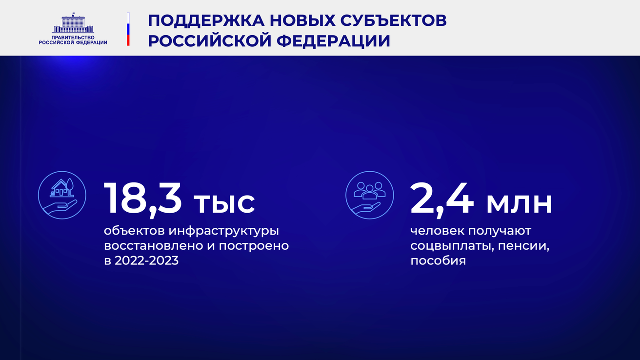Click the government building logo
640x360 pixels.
[x=73, y=22]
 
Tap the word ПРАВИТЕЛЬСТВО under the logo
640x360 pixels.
[x=73, y=37]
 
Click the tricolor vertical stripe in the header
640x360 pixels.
[x=128, y=29]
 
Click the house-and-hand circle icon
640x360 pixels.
[x=62, y=194]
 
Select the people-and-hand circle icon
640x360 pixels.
[x=369, y=194]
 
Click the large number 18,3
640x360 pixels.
[x=142, y=199]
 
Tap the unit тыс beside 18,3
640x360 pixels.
[x=224, y=203]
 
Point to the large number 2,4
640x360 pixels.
[x=442, y=199]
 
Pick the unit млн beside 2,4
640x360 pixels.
[x=519, y=203]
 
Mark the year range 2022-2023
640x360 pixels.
[x=146, y=260]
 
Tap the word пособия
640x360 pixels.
[x=438, y=261]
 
